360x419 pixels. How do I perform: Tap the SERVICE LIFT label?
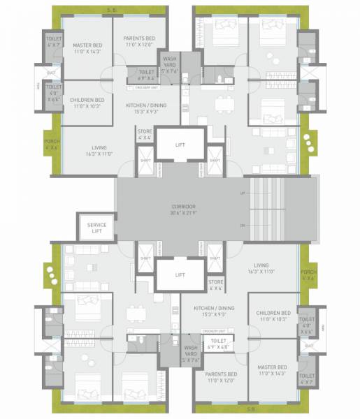point(96,227)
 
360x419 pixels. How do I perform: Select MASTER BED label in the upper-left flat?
point(82,45)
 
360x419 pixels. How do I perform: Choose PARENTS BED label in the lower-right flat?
point(222,375)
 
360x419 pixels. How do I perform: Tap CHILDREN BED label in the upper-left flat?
point(87,100)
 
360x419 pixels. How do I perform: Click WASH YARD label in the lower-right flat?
point(191,351)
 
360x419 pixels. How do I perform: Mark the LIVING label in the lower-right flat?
point(261,265)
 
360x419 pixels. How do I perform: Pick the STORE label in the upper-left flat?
point(145,131)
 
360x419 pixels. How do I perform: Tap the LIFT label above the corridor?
point(180,144)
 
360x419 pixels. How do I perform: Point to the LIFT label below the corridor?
point(180,274)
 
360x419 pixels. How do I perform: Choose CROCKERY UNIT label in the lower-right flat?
point(213,331)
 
